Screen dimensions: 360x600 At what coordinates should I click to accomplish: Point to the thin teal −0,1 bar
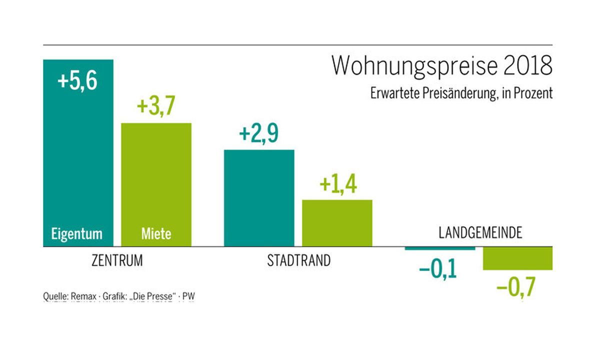(439, 248)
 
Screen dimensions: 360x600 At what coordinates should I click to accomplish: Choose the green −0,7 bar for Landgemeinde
(517, 258)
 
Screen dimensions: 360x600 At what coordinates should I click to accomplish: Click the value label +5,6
(77, 81)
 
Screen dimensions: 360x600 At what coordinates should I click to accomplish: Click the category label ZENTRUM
(117, 260)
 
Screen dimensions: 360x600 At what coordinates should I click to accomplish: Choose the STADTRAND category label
(298, 260)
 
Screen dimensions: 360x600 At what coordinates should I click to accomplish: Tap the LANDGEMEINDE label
(480, 233)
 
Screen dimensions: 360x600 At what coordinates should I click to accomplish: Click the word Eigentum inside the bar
(77, 233)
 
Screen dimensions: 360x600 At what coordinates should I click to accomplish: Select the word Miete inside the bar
(156, 233)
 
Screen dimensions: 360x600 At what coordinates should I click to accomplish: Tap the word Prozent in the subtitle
(534, 93)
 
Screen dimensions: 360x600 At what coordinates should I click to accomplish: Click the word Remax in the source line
(82, 296)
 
